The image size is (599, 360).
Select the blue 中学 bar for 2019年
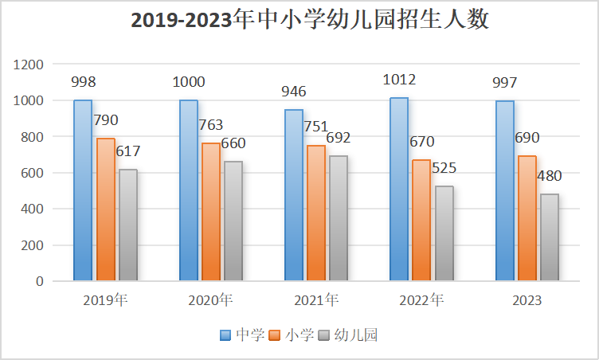pos(83,190)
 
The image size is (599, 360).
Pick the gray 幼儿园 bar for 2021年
pos(339,218)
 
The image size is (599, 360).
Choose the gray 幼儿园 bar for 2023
pos(550,237)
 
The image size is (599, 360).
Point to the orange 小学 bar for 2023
pos(527,218)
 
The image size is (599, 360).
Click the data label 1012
pos(399,80)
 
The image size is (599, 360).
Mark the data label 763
pos(211,125)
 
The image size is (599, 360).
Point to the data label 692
pos(339,138)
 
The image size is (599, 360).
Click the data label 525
pos(444,168)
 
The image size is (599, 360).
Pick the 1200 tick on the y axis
pos(30,65)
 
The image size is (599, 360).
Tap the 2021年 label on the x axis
pos(316,300)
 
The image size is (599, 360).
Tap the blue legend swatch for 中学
pos(226,335)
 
